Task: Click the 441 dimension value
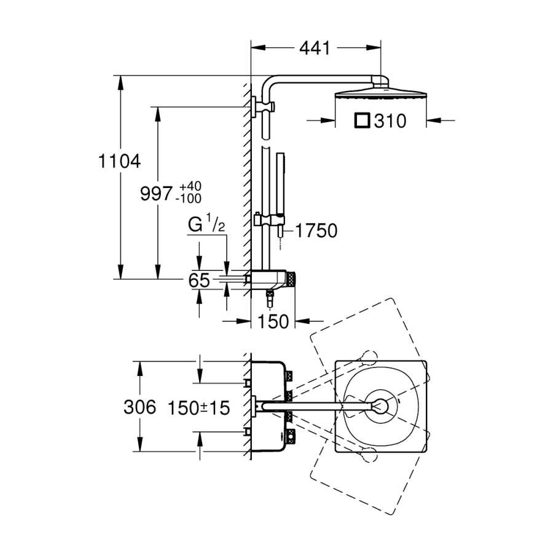click(x=315, y=48)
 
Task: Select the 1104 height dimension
click(x=119, y=161)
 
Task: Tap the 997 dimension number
click(x=156, y=194)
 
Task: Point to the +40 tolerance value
click(x=190, y=186)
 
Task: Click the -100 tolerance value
click(x=189, y=198)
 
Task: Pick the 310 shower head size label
click(x=390, y=121)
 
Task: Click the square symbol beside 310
click(x=362, y=120)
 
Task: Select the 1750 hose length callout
click(x=316, y=230)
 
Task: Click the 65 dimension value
click(x=199, y=280)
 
